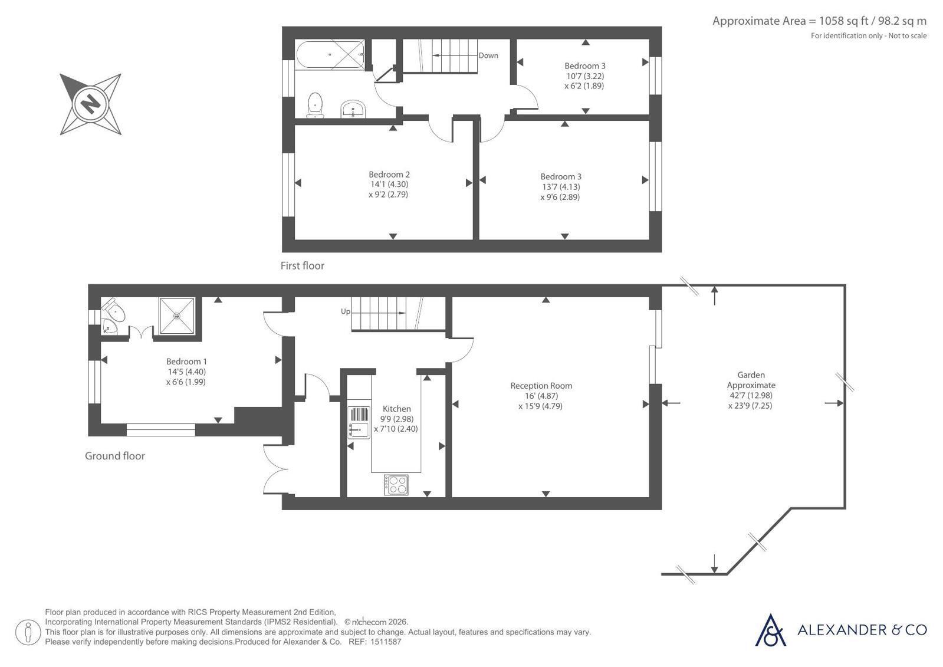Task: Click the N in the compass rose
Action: click(90, 103)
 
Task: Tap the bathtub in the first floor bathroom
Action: click(330, 55)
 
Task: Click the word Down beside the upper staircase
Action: click(488, 55)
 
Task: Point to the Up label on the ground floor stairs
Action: click(345, 311)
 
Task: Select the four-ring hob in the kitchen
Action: click(396, 485)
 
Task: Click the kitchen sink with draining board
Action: click(359, 423)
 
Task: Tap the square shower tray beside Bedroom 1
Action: click(177, 316)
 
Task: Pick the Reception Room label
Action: click(541, 386)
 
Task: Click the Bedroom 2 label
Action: click(389, 175)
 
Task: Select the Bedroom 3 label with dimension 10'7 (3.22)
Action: click(585, 65)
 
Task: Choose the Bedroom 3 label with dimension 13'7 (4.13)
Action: click(561, 176)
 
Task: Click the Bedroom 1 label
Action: click(186, 362)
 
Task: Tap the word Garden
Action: click(751, 374)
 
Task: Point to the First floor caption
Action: click(303, 266)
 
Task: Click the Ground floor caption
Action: click(115, 456)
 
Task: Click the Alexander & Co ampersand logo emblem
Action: click(770, 630)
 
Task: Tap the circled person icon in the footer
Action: click(28, 632)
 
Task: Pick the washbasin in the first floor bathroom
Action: click(353, 110)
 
